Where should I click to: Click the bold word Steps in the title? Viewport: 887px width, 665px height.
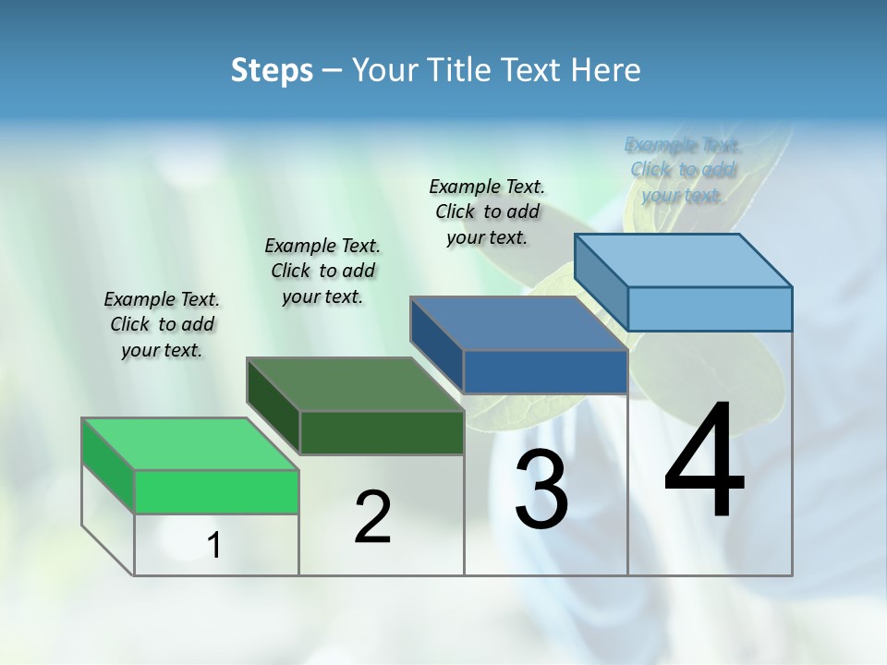point(272,70)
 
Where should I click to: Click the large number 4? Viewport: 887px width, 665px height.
point(704,462)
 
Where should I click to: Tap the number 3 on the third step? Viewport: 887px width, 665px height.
point(541,490)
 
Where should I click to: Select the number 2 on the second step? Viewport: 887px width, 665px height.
point(372,517)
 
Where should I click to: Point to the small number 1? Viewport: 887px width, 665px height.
point(214,546)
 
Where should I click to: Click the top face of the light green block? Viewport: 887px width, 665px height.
point(189,443)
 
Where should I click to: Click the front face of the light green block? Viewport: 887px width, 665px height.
point(216,491)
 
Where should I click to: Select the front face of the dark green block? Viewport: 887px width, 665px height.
point(382,432)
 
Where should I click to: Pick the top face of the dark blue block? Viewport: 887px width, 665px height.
point(518,323)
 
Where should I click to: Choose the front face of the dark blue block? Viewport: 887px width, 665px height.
point(545,371)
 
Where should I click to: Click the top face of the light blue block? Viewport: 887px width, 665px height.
point(683,260)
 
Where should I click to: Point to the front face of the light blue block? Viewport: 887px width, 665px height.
point(710,308)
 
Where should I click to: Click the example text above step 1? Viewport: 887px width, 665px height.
point(162,324)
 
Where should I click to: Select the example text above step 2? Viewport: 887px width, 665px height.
point(322,271)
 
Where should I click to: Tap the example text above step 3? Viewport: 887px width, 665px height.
point(487,212)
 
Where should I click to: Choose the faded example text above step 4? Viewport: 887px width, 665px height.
point(683,170)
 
